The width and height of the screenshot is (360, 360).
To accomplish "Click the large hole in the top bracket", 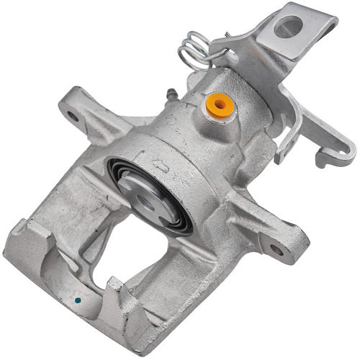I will pos(288,27).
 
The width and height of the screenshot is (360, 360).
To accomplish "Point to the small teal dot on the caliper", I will pos(78,300).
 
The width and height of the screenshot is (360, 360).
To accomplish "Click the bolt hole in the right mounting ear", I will pos(276,249).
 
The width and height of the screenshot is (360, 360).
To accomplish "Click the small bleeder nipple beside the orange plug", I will pos(171,95).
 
